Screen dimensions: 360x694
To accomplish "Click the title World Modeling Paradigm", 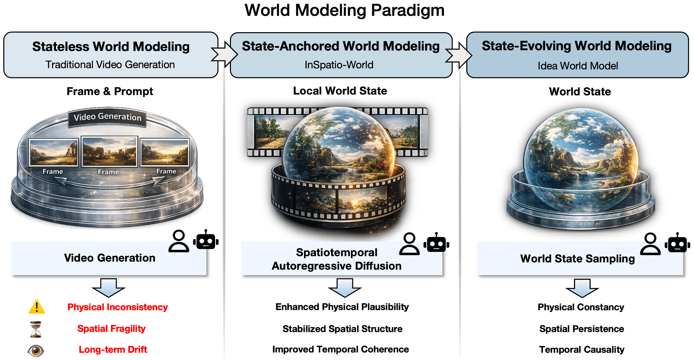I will (x=344, y=10).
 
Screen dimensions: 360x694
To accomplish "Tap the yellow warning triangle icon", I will (x=37, y=307).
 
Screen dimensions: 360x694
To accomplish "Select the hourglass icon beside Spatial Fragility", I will (x=36, y=329).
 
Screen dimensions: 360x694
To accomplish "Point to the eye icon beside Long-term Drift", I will (x=36, y=350).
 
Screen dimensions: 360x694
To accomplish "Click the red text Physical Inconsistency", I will (x=117, y=307).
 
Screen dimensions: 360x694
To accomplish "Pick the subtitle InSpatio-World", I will (x=339, y=65).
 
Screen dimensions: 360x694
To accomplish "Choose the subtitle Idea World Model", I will (x=578, y=66).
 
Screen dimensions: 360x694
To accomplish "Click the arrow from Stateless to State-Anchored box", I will (x=224, y=54).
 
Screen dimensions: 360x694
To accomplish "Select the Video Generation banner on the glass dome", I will (x=107, y=117).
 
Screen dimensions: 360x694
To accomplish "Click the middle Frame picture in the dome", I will (x=109, y=151).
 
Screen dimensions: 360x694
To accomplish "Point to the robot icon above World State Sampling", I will (x=677, y=243).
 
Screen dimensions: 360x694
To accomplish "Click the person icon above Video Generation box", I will (x=179, y=241).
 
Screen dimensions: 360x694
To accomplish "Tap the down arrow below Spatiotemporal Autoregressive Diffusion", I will (x=344, y=288).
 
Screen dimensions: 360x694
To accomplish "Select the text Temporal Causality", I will (x=582, y=350).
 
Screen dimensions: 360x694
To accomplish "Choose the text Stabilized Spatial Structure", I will (x=342, y=329).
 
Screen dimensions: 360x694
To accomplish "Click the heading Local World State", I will (x=340, y=91).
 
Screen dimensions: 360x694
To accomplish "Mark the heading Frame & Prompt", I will (x=110, y=91).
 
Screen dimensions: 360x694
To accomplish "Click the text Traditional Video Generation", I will (x=110, y=65).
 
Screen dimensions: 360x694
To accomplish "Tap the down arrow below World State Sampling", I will (x=582, y=288).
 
